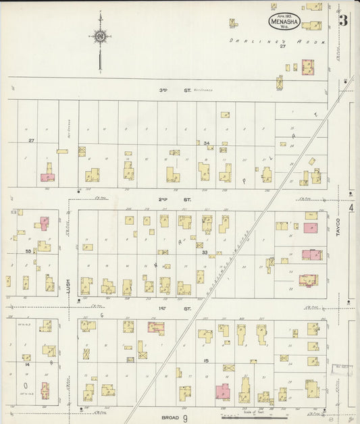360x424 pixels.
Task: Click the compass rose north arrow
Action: pos(100,37)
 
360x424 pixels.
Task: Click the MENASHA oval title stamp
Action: pos(284,22)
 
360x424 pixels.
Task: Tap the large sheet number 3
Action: pos(344,20)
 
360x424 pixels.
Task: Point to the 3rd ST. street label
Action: pos(165,89)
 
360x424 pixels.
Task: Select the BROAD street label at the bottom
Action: pos(170,418)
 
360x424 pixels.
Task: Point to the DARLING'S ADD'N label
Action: pos(276,41)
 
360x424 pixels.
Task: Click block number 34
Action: pos(207,143)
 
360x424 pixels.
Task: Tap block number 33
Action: pos(203,252)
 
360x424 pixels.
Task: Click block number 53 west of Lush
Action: pos(28,251)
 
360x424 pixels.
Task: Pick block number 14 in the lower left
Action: pos(28,364)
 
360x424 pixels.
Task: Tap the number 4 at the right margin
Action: pos(351,209)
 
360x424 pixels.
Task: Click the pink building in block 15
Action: pos(222,392)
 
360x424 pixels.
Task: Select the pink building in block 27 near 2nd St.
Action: pos(47,177)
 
